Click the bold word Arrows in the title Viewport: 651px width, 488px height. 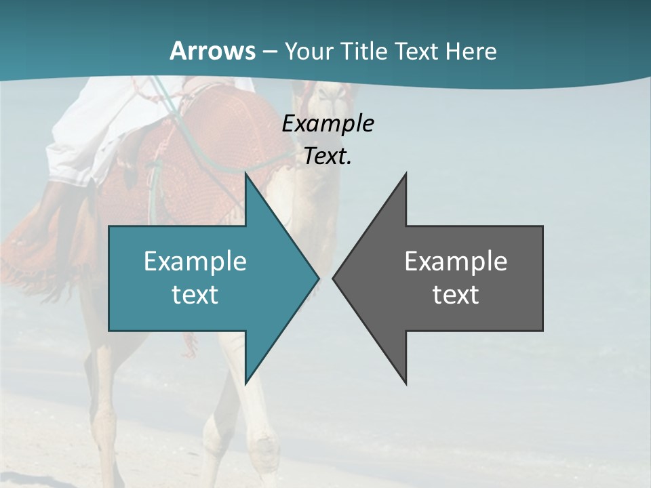tap(212, 51)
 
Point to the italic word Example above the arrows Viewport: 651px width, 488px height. tap(328, 123)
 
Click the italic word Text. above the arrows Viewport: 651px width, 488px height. tap(328, 157)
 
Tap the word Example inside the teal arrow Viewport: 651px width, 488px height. tap(195, 261)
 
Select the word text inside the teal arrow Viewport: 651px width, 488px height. tap(195, 294)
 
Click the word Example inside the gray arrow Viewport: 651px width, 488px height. tap(456, 261)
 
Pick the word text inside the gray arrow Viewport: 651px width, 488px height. tap(456, 294)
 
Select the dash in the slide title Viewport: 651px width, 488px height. tap(269, 51)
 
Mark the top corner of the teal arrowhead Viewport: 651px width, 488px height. tap(245, 174)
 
